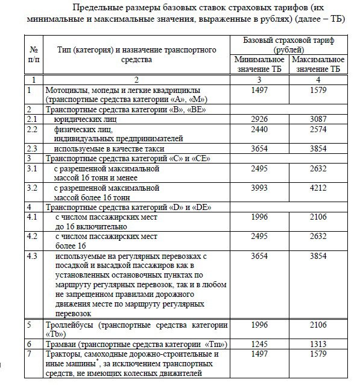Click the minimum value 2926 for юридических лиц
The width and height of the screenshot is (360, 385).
point(259,119)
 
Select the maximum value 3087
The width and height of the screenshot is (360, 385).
point(317,119)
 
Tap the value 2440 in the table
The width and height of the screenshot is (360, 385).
point(259,129)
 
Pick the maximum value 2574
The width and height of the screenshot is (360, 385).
point(317,129)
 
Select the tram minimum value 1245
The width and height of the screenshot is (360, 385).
point(259,343)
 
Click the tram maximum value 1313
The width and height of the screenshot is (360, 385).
point(317,343)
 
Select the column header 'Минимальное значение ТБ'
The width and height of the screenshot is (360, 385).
point(259,64)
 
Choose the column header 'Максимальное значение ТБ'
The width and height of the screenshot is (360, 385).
point(317,64)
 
